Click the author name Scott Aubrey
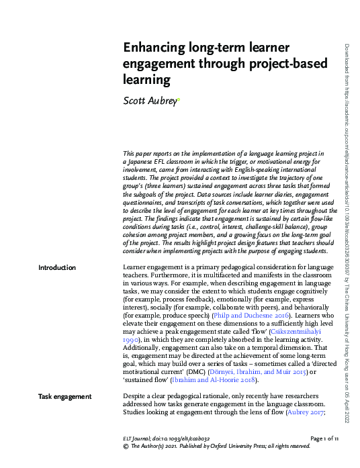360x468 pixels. coord(149,101)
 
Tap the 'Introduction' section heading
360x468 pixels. coord(57,268)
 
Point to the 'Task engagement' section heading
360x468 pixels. coord(65,397)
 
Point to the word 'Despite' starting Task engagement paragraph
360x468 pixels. coord(136,397)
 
